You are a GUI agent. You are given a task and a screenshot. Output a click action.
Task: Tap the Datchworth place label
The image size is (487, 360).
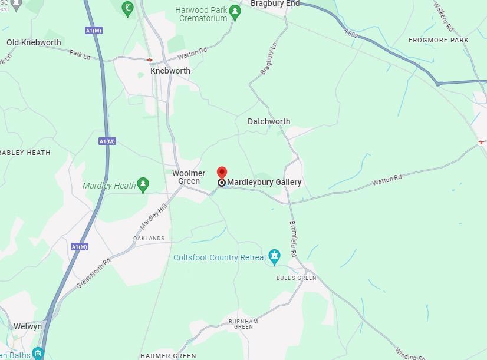(x=269, y=121)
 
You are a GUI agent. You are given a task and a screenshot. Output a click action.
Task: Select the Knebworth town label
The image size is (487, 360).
(x=170, y=71)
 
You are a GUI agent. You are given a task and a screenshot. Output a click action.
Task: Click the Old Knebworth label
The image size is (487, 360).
(x=34, y=42)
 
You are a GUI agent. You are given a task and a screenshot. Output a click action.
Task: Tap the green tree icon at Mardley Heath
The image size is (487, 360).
(x=143, y=185)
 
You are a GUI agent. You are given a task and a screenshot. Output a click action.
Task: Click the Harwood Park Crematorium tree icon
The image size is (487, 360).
(x=235, y=11)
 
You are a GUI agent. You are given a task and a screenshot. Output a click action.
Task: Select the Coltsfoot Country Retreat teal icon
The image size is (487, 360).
(x=274, y=256)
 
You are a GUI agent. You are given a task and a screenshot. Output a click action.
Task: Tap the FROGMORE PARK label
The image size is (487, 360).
(x=439, y=40)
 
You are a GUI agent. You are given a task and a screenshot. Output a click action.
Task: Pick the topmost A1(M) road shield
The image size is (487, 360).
(x=93, y=31)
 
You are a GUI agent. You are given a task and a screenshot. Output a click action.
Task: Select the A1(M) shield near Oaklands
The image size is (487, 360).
(x=80, y=246)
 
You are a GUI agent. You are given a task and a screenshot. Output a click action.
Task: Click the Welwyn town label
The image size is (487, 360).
(x=28, y=326)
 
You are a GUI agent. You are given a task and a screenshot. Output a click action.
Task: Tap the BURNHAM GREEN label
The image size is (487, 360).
(x=244, y=324)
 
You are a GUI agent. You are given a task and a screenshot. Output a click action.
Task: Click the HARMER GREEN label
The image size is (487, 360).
(x=168, y=356)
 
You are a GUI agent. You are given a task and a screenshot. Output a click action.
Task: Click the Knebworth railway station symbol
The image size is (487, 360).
(x=150, y=60)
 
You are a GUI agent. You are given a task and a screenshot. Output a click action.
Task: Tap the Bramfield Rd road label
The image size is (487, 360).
(x=294, y=239)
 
